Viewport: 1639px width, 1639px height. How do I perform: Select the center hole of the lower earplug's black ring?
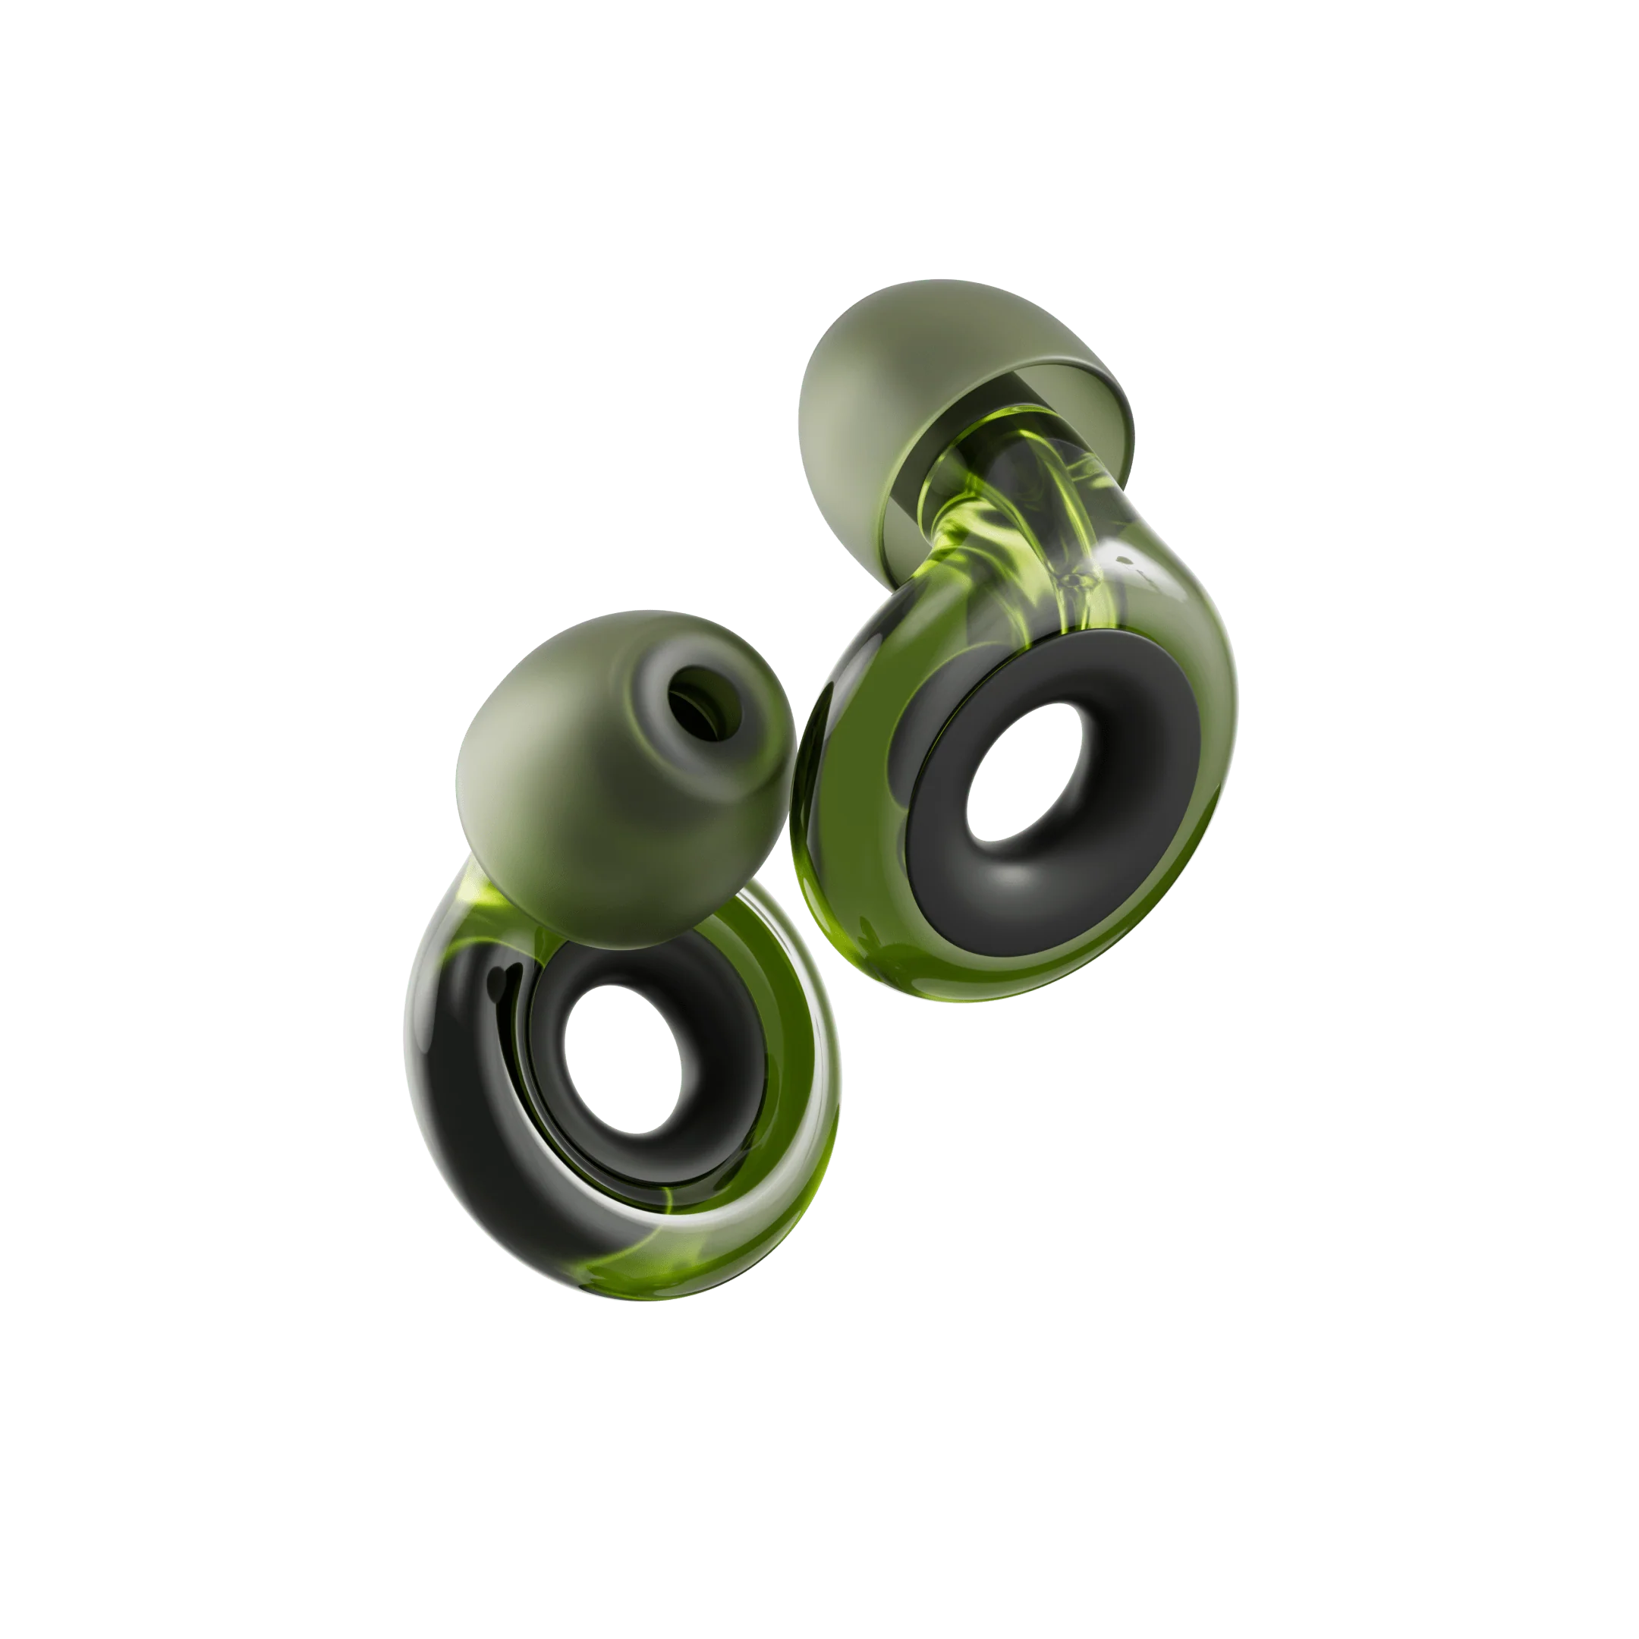[630, 1058]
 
